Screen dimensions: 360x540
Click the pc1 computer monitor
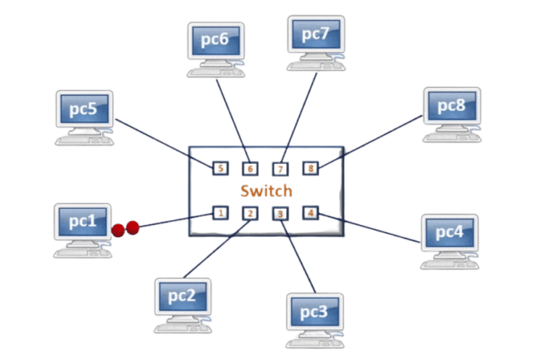tap(83, 221)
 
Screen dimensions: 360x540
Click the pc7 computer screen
tap(316, 34)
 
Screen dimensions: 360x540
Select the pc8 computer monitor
tap(451, 105)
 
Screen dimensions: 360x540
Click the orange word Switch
tap(266, 191)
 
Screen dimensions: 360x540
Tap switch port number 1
tap(220, 212)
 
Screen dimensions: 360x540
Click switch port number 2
tap(250, 212)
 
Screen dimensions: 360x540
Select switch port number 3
tap(280, 212)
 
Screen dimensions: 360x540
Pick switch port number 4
tap(310, 211)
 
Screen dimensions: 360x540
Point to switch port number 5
tap(220, 168)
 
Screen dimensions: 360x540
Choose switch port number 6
tap(249, 169)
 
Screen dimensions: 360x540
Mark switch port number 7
tap(279, 169)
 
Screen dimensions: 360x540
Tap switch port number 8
tap(310, 168)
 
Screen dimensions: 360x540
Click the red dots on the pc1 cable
tap(125, 228)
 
